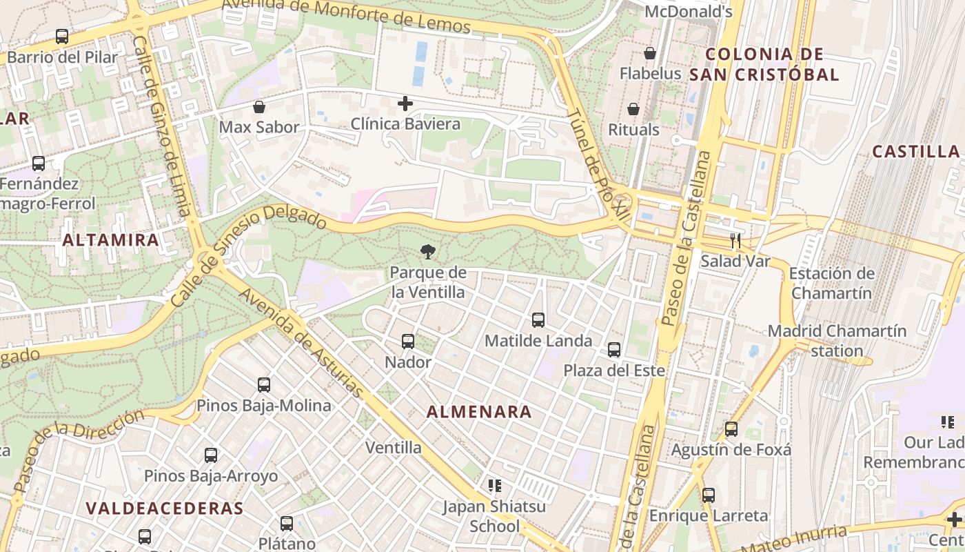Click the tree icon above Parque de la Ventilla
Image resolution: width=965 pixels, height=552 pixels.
coord(427,252)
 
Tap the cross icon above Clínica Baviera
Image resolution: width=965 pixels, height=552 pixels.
coord(405,104)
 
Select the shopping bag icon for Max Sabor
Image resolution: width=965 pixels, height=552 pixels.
coord(259,107)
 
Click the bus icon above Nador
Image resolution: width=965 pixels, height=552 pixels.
coord(408,342)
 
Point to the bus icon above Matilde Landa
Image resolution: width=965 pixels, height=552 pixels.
coord(538,320)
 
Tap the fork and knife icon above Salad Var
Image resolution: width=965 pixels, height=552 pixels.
coord(735,241)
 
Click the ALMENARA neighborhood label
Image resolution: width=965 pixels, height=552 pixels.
coord(479,412)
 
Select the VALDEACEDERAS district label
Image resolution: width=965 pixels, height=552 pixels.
coord(165,509)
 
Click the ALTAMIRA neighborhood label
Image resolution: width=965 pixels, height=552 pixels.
coord(111,240)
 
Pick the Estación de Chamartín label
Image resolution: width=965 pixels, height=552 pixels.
coord(831,283)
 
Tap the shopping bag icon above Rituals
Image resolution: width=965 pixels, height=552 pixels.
coord(633,109)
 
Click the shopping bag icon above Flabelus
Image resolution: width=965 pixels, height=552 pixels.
coord(650,53)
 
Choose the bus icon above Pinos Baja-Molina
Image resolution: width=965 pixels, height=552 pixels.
coord(264,385)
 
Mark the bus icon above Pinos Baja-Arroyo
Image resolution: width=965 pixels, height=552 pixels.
coord(211,455)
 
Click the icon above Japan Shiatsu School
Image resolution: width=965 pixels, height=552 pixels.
coord(494,486)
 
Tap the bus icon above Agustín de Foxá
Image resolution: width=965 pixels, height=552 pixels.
coord(731,429)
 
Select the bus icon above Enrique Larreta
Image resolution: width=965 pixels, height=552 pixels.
coord(709,495)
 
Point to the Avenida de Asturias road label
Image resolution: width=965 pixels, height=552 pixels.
coord(301,342)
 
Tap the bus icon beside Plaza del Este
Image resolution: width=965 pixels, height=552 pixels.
coord(614,350)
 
